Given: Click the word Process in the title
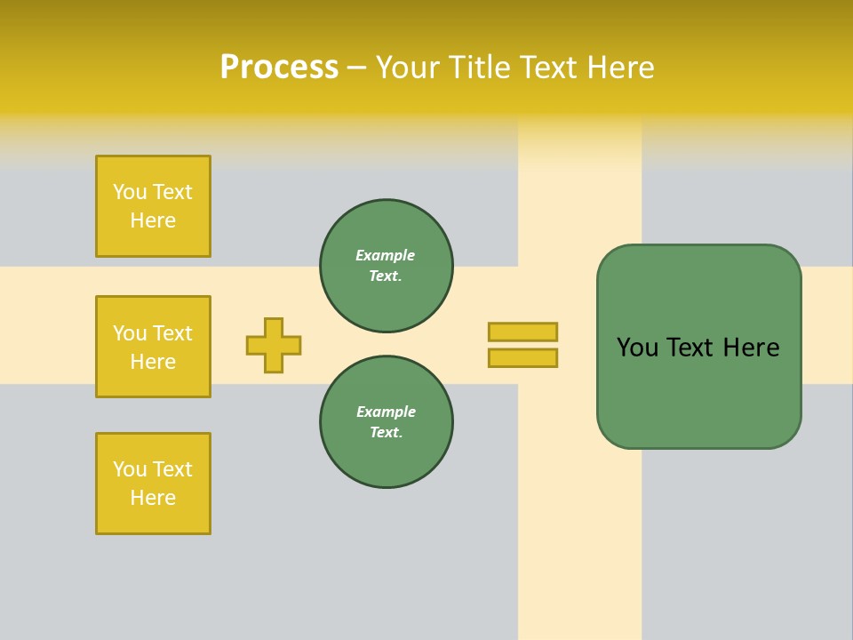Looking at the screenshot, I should pyautogui.click(x=279, y=68).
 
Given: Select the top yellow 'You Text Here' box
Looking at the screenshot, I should pyautogui.click(x=153, y=206).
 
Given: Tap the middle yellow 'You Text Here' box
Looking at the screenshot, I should pyautogui.click(x=153, y=347).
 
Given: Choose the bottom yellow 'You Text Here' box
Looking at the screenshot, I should pyautogui.click(x=153, y=484).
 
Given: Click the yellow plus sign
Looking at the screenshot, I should pyautogui.click(x=274, y=345).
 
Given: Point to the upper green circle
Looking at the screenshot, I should pyautogui.click(x=387, y=266).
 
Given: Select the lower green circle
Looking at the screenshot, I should pyautogui.click(x=387, y=422).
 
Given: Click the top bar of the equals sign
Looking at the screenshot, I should pyautogui.click(x=522, y=332).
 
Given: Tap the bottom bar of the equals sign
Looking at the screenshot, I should pyautogui.click(x=522, y=357).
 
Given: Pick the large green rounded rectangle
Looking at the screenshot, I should pyautogui.click(x=698, y=347).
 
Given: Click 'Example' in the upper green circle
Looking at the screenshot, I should pyautogui.click(x=386, y=255).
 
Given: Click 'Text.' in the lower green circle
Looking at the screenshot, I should pyautogui.click(x=386, y=433).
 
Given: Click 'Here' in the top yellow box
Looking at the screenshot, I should pyautogui.click(x=153, y=220).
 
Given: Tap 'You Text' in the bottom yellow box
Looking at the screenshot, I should pyautogui.click(x=153, y=468).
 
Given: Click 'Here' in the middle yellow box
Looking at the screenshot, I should pyautogui.click(x=153, y=362).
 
